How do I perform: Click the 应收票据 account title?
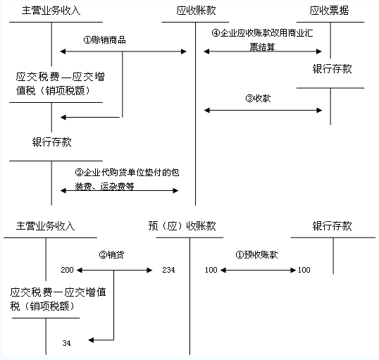click(x=329, y=11)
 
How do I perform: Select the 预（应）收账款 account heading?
click(x=182, y=226)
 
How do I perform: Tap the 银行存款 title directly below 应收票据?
click(x=332, y=69)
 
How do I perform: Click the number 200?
click(x=67, y=270)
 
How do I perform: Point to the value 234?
click(x=168, y=270)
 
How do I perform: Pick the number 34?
click(x=66, y=343)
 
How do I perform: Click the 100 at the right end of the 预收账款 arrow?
click(x=304, y=270)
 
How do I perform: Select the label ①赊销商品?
click(x=105, y=40)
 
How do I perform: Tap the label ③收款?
click(x=258, y=98)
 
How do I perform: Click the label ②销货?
click(x=111, y=254)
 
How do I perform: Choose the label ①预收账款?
click(x=256, y=254)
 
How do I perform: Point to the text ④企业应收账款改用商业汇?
click(x=262, y=33)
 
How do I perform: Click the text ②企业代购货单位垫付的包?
click(x=127, y=173)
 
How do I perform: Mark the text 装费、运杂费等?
click(x=104, y=187)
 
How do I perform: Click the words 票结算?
click(x=262, y=46)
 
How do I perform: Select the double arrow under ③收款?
click(x=263, y=110)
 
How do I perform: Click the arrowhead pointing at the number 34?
click(x=91, y=340)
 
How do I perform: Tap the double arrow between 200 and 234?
click(x=115, y=270)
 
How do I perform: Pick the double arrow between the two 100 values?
click(x=258, y=270)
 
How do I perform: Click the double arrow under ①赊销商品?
click(x=123, y=51)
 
